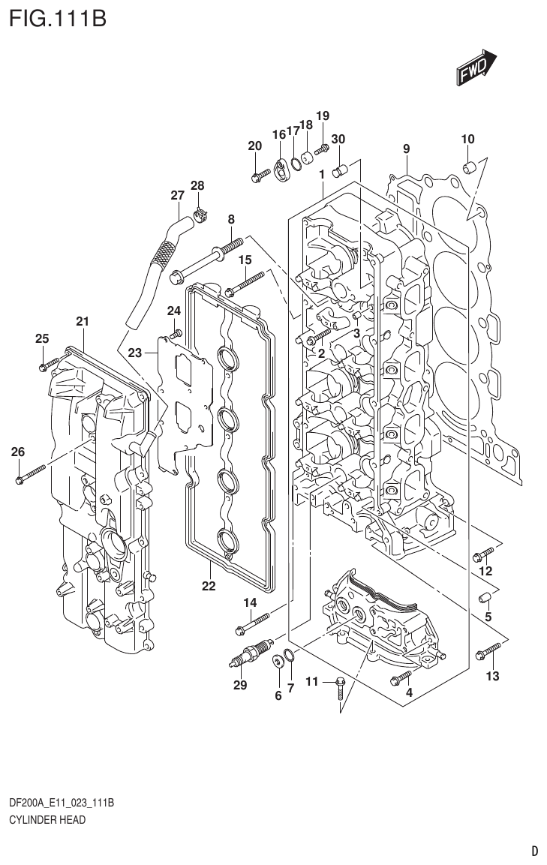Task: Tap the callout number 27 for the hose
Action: (x=177, y=196)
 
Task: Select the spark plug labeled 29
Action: (x=248, y=653)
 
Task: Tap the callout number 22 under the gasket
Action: (x=209, y=586)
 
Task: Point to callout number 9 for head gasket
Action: (x=406, y=149)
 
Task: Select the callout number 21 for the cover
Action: (x=83, y=322)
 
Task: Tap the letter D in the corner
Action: (x=534, y=851)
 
